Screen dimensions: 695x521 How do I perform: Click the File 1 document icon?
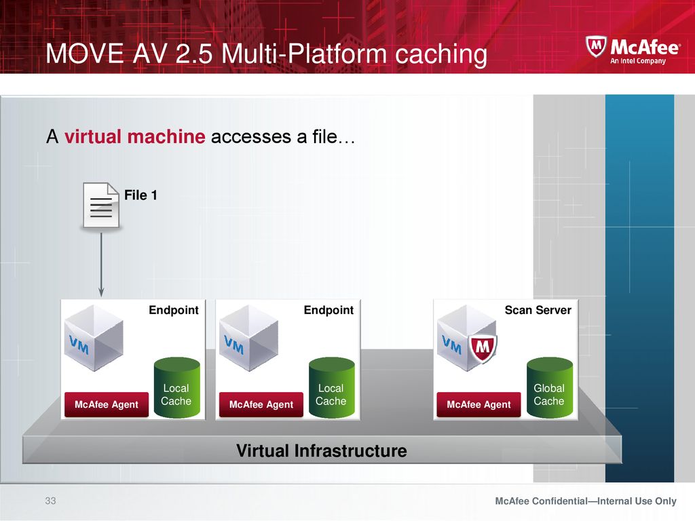101,206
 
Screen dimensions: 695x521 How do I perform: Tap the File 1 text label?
140,195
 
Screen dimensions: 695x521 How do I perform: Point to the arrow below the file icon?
101,265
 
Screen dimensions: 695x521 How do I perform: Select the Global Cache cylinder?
550,387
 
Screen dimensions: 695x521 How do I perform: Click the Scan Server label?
538,310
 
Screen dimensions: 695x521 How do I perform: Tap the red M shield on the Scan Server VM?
483,347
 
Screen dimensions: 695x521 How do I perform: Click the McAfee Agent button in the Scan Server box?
478,404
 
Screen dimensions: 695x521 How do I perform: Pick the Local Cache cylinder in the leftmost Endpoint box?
177,387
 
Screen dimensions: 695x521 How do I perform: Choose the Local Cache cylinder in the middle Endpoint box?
331,387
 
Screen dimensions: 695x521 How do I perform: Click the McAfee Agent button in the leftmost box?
107,404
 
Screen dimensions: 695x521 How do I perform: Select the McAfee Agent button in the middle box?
261,404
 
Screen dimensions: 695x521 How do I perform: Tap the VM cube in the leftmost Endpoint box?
94,338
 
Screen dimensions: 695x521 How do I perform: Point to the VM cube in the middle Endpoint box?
248,338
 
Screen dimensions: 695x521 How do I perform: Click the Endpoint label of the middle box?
328,310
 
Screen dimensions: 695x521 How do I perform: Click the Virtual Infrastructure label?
321,450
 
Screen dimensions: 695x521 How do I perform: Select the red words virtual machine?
135,136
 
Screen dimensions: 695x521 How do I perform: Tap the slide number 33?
50,501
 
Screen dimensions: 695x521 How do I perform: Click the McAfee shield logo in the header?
596,47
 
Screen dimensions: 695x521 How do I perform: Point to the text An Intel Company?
638,60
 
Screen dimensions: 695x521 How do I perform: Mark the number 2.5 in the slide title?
193,54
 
